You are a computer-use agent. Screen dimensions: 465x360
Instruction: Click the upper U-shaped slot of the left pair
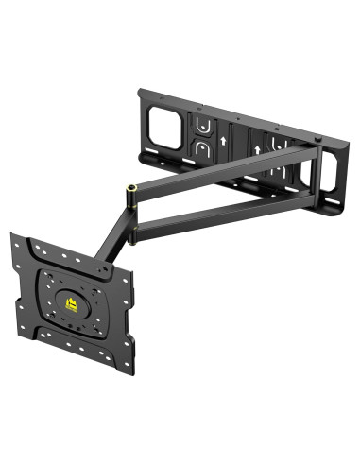201,124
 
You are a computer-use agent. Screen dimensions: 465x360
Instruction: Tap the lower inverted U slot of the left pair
201,149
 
